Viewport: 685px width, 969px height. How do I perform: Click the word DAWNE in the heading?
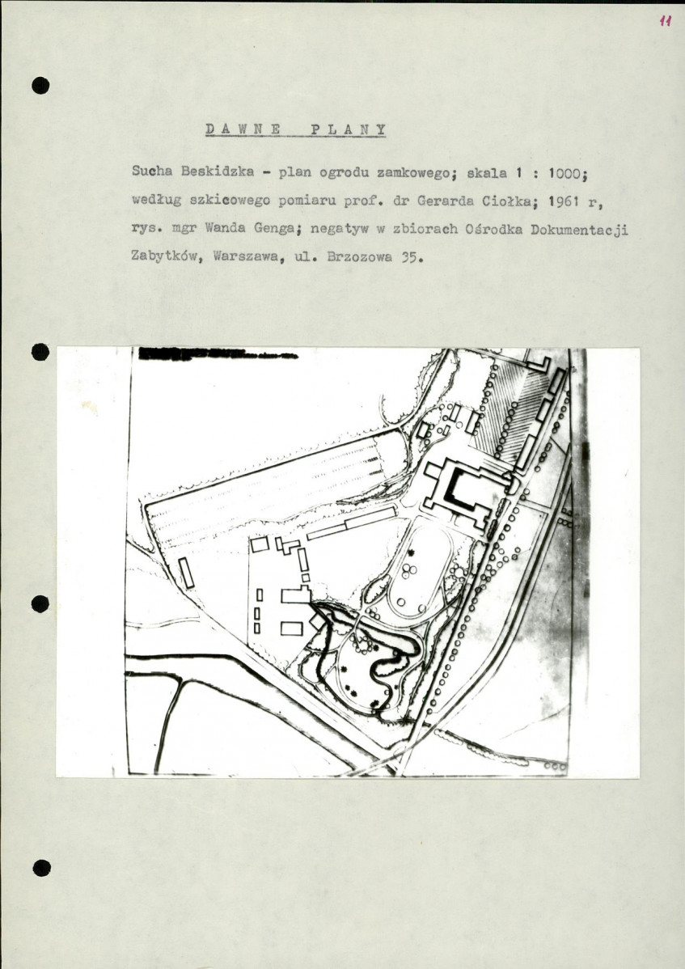pyautogui.click(x=243, y=129)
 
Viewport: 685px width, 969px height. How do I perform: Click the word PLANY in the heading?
pyautogui.click(x=349, y=129)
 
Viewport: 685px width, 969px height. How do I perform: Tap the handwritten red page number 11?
pyautogui.click(x=666, y=21)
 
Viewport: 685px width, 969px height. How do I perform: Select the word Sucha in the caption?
pyautogui.click(x=152, y=171)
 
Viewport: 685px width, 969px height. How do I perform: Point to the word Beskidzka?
pyautogui.click(x=218, y=171)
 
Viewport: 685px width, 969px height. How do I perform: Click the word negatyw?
pyautogui.click(x=339, y=229)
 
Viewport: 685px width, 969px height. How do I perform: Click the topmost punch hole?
pyautogui.click(x=40, y=85)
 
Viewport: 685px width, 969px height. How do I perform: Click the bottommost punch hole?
pyautogui.click(x=41, y=868)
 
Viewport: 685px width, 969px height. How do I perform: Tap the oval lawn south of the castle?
pyautogui.click(x=421, y=569)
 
